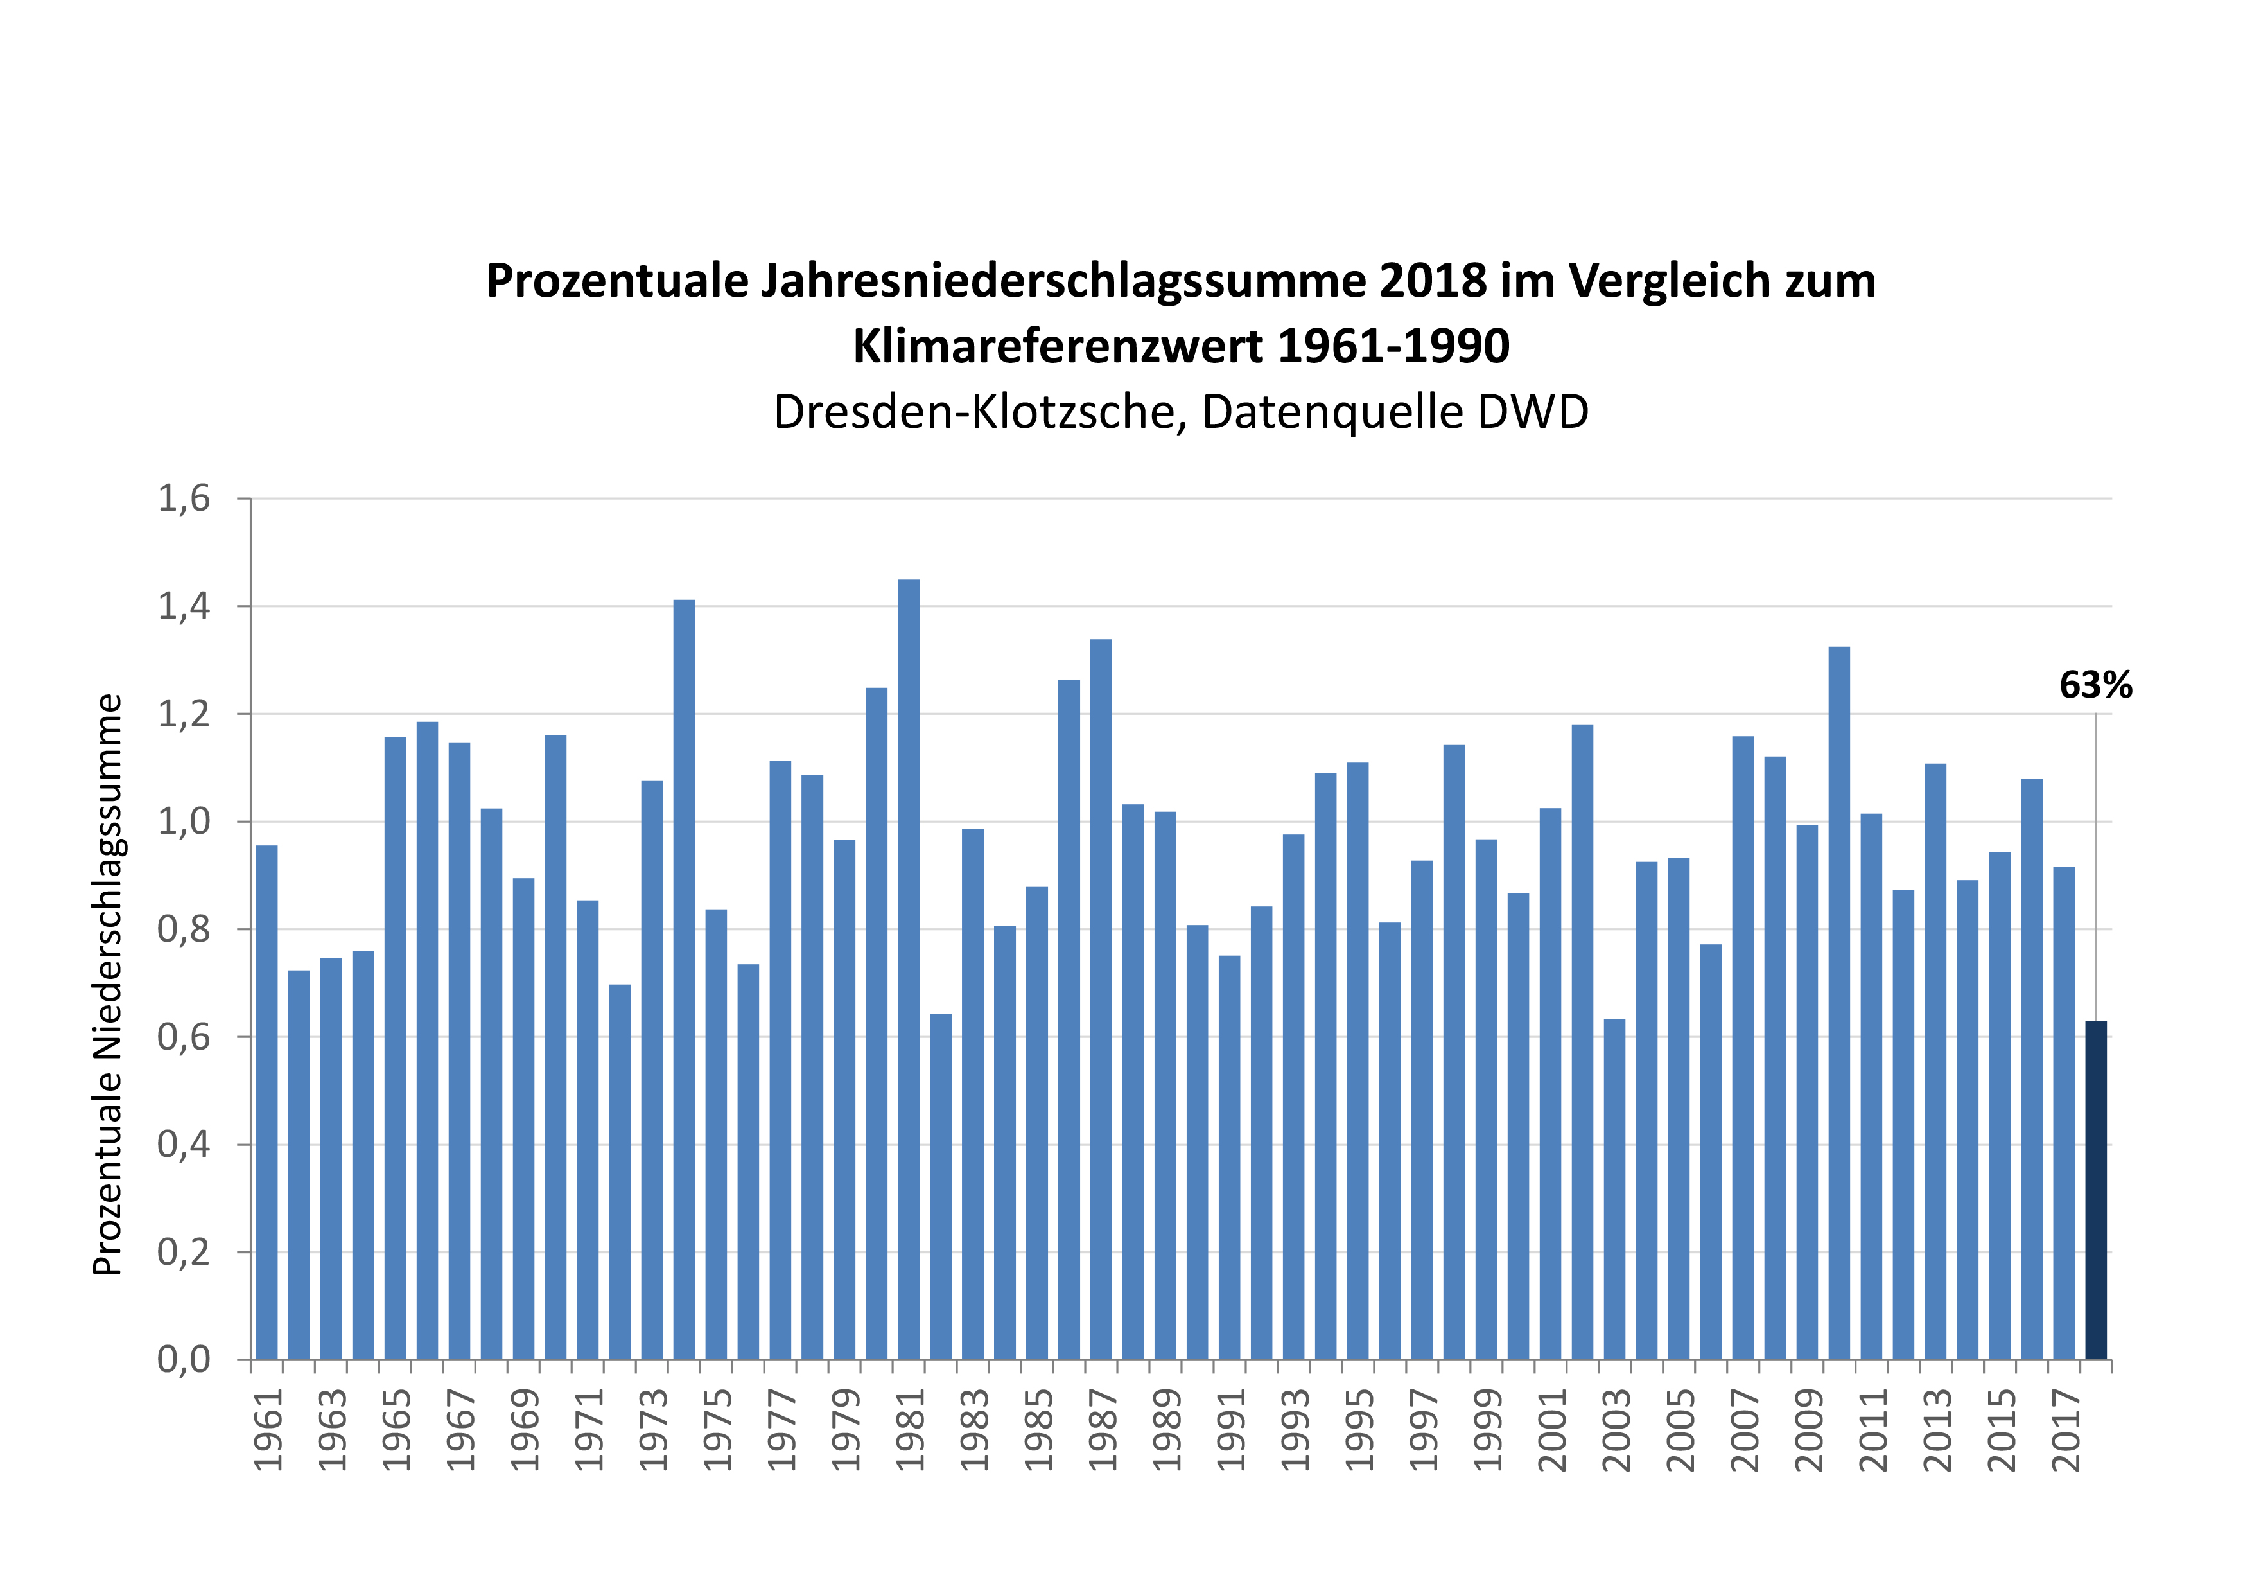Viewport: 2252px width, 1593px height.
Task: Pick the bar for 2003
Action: click(1614, 1189)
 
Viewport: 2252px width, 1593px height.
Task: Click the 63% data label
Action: click(2095, 685)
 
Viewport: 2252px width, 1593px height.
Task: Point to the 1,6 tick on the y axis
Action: click(184, 498)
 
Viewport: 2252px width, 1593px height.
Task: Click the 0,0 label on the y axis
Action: click(184, 1360)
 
